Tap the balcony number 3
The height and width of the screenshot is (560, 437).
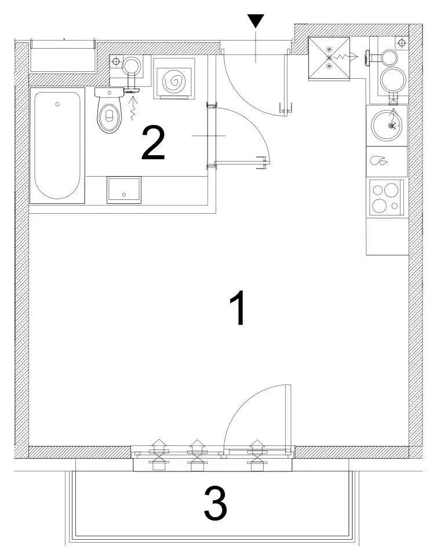216,504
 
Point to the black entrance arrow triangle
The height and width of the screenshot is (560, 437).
256,21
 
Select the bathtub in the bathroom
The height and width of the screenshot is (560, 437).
57,146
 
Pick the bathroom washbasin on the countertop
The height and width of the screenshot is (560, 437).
124,190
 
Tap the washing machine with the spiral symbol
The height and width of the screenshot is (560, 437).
174,79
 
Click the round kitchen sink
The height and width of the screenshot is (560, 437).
387,125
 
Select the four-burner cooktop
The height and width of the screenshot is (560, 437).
387,197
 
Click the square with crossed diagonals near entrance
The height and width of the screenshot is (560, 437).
329,58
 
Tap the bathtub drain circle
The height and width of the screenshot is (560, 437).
57,104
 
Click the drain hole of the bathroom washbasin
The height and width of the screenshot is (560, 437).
124,195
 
